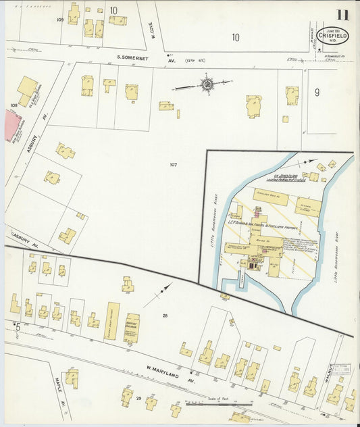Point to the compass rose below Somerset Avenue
[x=207, y=84]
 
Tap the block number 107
[x=174, y=164]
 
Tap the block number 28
[x=165, y=316]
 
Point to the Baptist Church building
[x=131, y=327]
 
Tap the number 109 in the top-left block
[x=60, y=20]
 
